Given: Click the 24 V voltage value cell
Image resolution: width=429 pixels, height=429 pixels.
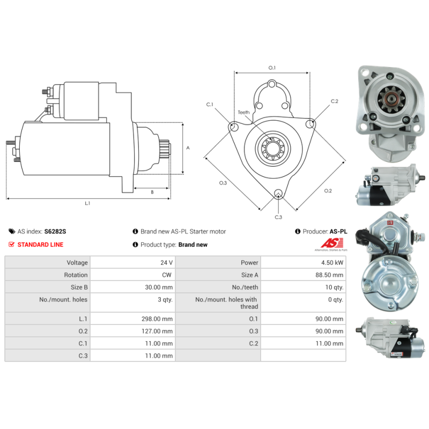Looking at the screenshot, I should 167,263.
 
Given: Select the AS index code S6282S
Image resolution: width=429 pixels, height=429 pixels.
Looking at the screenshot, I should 55,232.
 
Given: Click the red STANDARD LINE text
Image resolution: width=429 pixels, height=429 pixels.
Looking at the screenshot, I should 40,245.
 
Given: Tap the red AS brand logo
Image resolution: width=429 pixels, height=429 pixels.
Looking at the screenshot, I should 323,245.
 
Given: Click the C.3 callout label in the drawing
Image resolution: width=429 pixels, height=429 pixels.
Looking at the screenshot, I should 278,217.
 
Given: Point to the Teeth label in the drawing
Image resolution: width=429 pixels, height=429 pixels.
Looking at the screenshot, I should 244,113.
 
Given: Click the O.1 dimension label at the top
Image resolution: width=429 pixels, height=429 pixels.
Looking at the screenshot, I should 272,68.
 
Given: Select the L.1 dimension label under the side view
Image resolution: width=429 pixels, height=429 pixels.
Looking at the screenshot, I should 87,203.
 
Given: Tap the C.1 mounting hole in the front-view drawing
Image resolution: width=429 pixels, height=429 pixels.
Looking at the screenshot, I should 234,127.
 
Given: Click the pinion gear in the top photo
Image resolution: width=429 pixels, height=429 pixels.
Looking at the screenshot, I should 387,98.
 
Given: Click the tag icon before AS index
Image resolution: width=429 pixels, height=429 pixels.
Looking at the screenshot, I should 12,232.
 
